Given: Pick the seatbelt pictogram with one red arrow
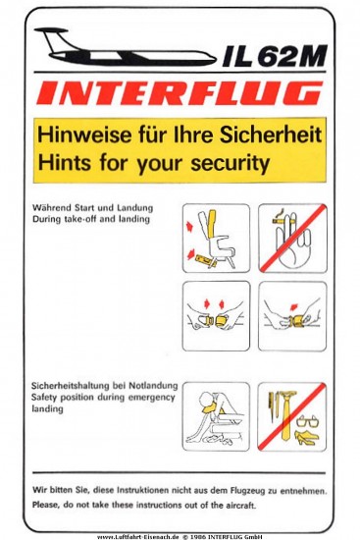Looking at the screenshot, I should pyautogui.click(x=292, y=316).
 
